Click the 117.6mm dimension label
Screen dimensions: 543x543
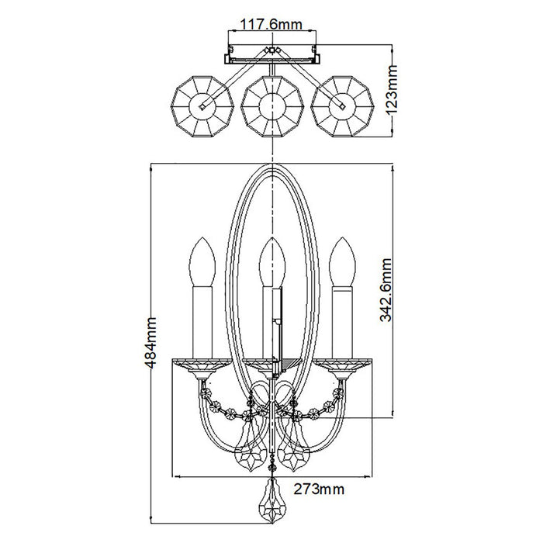pyautogui.click(x=271, y=25)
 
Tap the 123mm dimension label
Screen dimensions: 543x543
pyautogui.click(x=392, y=89)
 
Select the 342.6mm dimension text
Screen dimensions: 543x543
pyautogui.click(x=386, y=289)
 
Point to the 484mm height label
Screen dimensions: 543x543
pyautogui.click(x=151, y=342)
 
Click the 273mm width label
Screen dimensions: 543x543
pyautogui.click(x=320, y=489)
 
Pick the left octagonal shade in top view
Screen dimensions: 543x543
pyautogui.click(x=203, y=106)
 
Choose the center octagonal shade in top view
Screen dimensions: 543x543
pyautogui.click(x=272, y=106)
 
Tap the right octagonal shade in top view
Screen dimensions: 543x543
pyautogui.click(x=342, y=106)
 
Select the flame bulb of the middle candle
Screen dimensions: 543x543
pyautogui.click(x=272, y=262)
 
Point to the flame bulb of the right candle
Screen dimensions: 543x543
pyautogui.click(x=342, y=262)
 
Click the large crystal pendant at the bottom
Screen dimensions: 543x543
pyautogui.click(x=272, y=501)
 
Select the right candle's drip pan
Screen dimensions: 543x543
pyautogui.click(x=342, y=365)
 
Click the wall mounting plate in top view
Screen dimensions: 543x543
pyautogui.click(x=272, y=54)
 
